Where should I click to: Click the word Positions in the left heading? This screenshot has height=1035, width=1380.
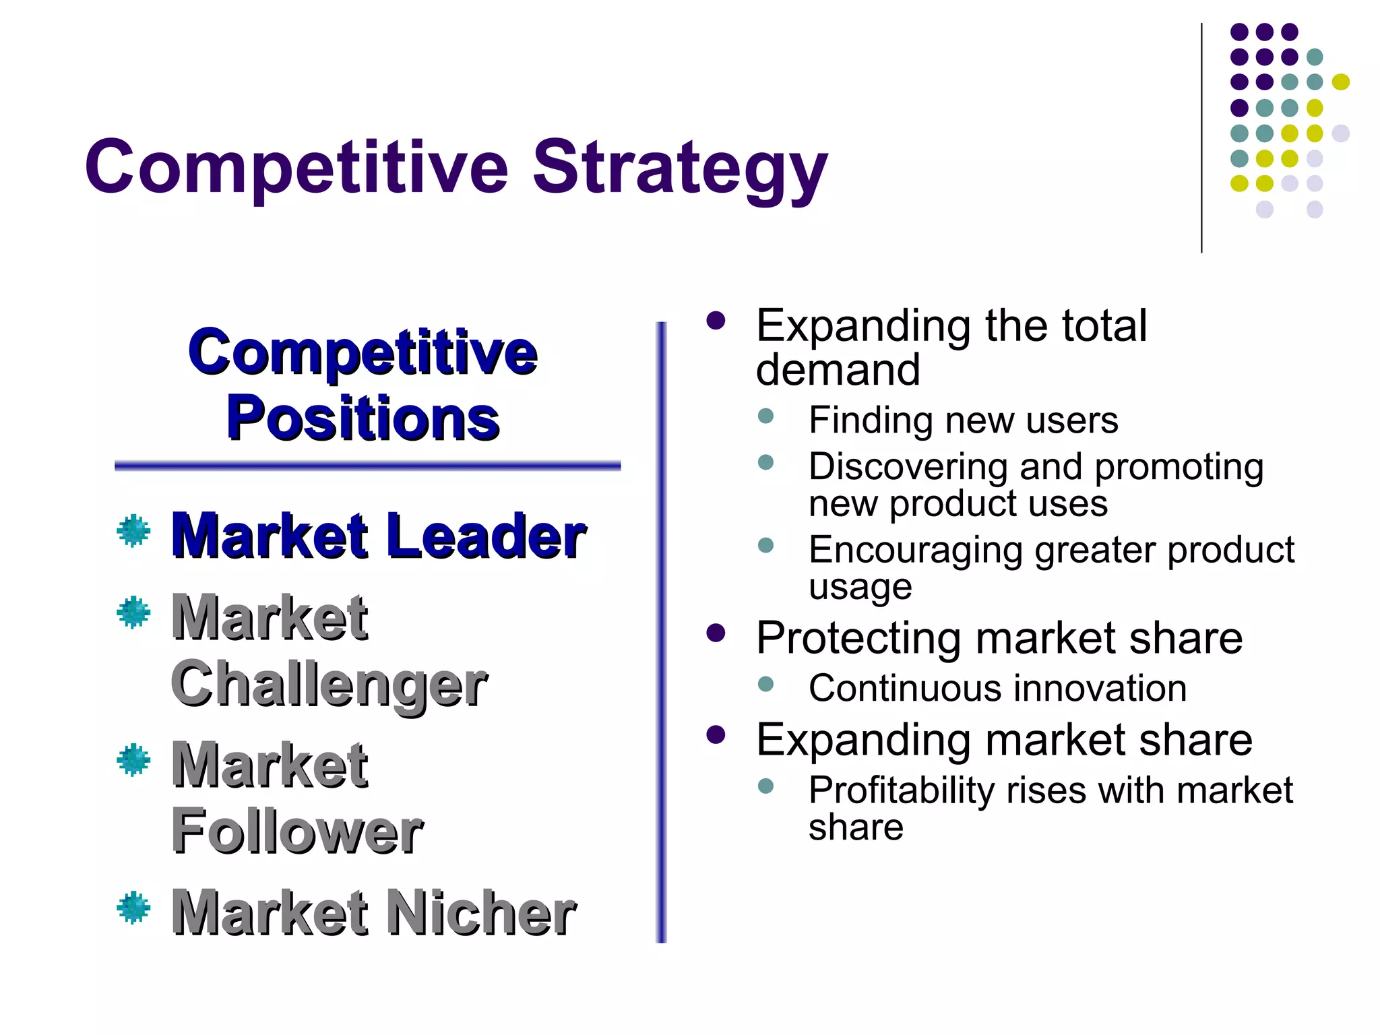tap(363, 418)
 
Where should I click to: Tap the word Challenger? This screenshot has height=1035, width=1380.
tap(329, 684)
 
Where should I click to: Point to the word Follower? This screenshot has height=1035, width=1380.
tap(297, 832)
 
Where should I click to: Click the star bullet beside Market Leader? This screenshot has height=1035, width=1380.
tap(133, 531)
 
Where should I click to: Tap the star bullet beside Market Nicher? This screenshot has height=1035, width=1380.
tap(133, 908)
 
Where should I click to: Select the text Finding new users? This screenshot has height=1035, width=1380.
tap(963, 420)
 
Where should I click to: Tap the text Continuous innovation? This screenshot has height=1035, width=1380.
tap(997, 689)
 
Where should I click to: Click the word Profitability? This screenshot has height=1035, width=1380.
tap(901, 790)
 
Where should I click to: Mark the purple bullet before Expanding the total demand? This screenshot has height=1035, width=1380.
tap(716, 321)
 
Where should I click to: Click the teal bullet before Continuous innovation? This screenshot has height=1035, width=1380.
tap(765, 685)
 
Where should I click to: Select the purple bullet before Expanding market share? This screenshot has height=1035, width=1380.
tap(716, 734)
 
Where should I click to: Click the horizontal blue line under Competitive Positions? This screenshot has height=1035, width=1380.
tap(367, 466)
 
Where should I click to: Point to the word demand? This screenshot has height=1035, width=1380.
tap(838, 370)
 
